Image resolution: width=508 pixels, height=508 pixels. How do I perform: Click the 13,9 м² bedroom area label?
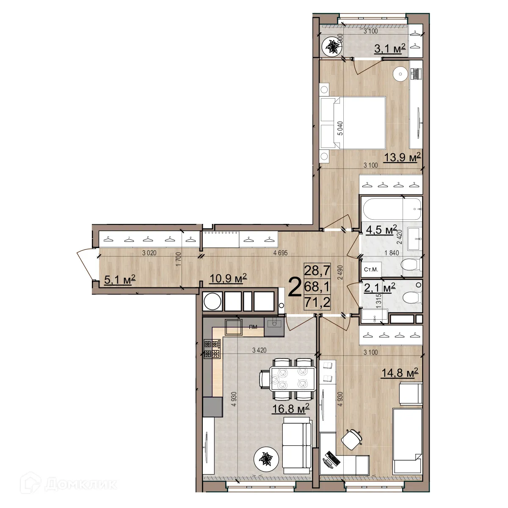click(x=403, y=158)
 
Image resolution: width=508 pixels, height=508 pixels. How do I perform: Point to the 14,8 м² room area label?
click(x=400, y=373)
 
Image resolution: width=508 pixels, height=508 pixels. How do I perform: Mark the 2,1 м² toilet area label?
click(x=380, y=288)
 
